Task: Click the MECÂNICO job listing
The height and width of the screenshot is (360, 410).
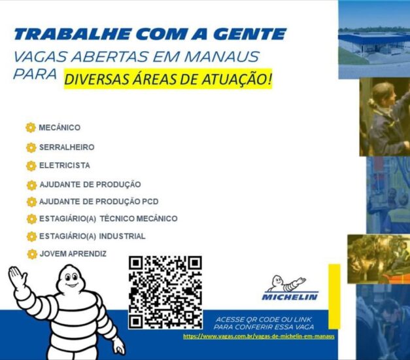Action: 60,128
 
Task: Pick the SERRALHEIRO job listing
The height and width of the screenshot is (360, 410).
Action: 67,147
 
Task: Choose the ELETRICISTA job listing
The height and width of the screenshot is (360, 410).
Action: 65,166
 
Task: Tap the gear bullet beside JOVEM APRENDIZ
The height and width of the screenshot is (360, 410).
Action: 32,254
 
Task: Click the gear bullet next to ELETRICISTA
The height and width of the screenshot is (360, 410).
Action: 31,166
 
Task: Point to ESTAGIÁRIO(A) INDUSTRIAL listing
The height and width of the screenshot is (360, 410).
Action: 92,236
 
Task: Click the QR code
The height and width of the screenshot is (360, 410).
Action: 165,293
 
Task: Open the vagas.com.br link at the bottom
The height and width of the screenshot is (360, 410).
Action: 259,336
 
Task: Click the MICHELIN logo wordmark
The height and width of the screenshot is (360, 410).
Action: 290,297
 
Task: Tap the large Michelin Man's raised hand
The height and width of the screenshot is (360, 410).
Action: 17,278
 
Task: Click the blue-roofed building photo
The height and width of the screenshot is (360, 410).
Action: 374,39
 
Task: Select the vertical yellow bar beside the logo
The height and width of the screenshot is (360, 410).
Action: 334,297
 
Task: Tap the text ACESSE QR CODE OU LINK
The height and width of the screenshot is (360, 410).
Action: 264,319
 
